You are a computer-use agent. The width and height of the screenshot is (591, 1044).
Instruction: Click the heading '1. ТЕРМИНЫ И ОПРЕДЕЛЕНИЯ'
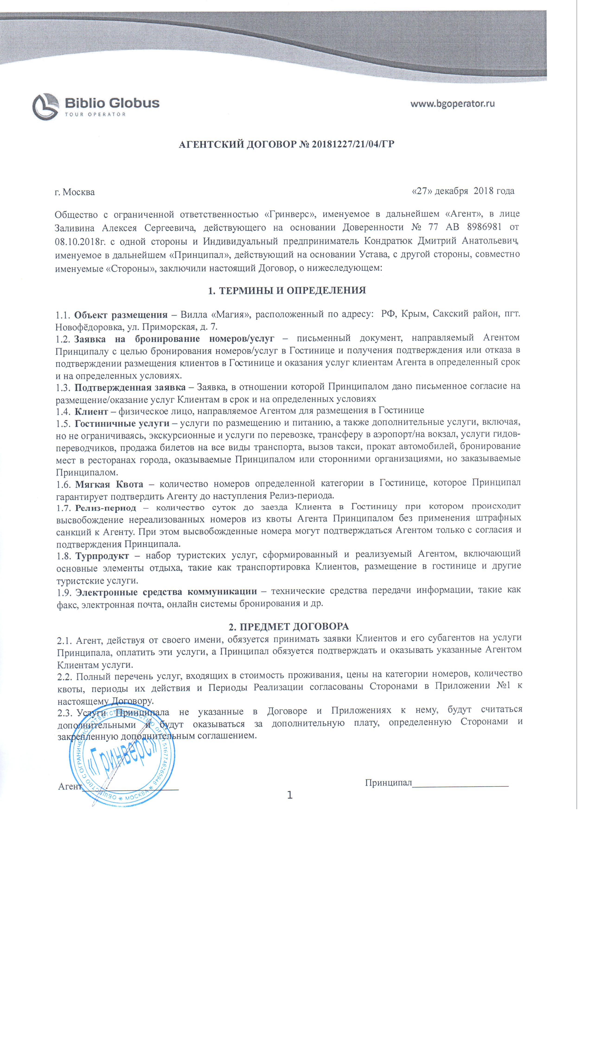click(287, 291)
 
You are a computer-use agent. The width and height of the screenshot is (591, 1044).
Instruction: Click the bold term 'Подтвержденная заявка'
click(130, 387)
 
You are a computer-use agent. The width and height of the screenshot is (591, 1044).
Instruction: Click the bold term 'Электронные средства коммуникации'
click(166, 591)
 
